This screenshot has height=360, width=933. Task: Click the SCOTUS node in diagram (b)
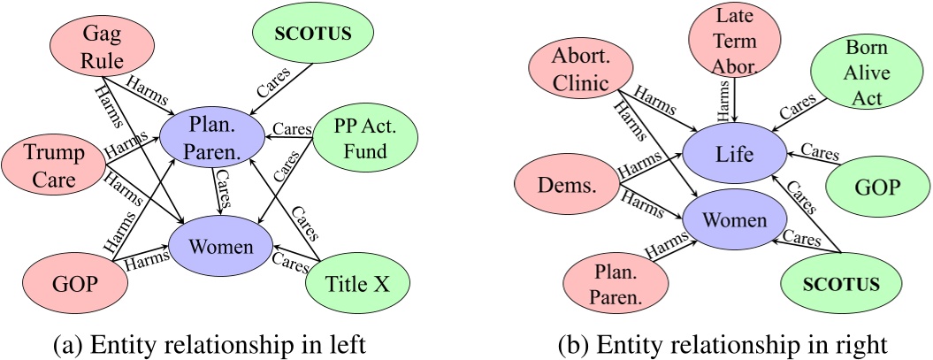pyautogui.click(x=835, y=285)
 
